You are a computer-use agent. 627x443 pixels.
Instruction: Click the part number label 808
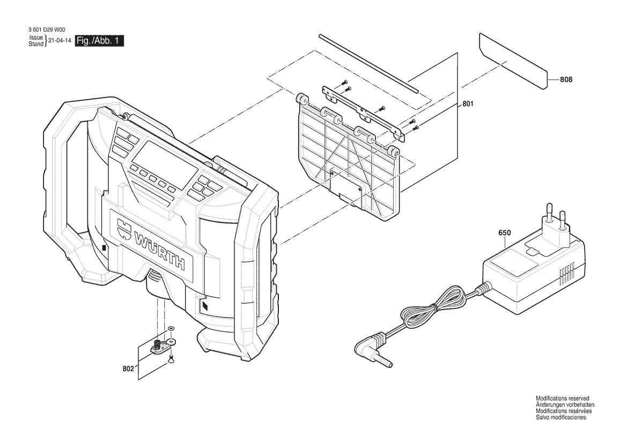[566, 79]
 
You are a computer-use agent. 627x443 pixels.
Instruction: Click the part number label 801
[468, 104]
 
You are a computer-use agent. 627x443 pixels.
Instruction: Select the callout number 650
[504, 233]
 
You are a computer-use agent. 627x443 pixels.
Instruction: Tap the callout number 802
[128, 368]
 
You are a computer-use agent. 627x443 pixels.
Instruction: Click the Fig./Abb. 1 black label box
[100, 41]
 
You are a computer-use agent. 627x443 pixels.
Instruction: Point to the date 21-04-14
[57, 40]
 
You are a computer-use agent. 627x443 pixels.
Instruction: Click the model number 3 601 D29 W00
[47, 29]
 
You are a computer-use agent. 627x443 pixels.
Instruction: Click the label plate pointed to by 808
[513, 61]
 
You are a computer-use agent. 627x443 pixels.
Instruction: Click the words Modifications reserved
[562, 398]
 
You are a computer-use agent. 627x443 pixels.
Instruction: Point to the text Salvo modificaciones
[560, 417]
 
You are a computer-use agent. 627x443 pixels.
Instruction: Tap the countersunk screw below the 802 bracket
[171, 359]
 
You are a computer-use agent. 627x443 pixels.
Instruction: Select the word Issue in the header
[36, 38]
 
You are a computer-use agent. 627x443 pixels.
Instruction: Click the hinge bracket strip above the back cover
[363, 113]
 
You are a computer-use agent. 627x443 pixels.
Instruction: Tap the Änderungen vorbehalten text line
[565, 405]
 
